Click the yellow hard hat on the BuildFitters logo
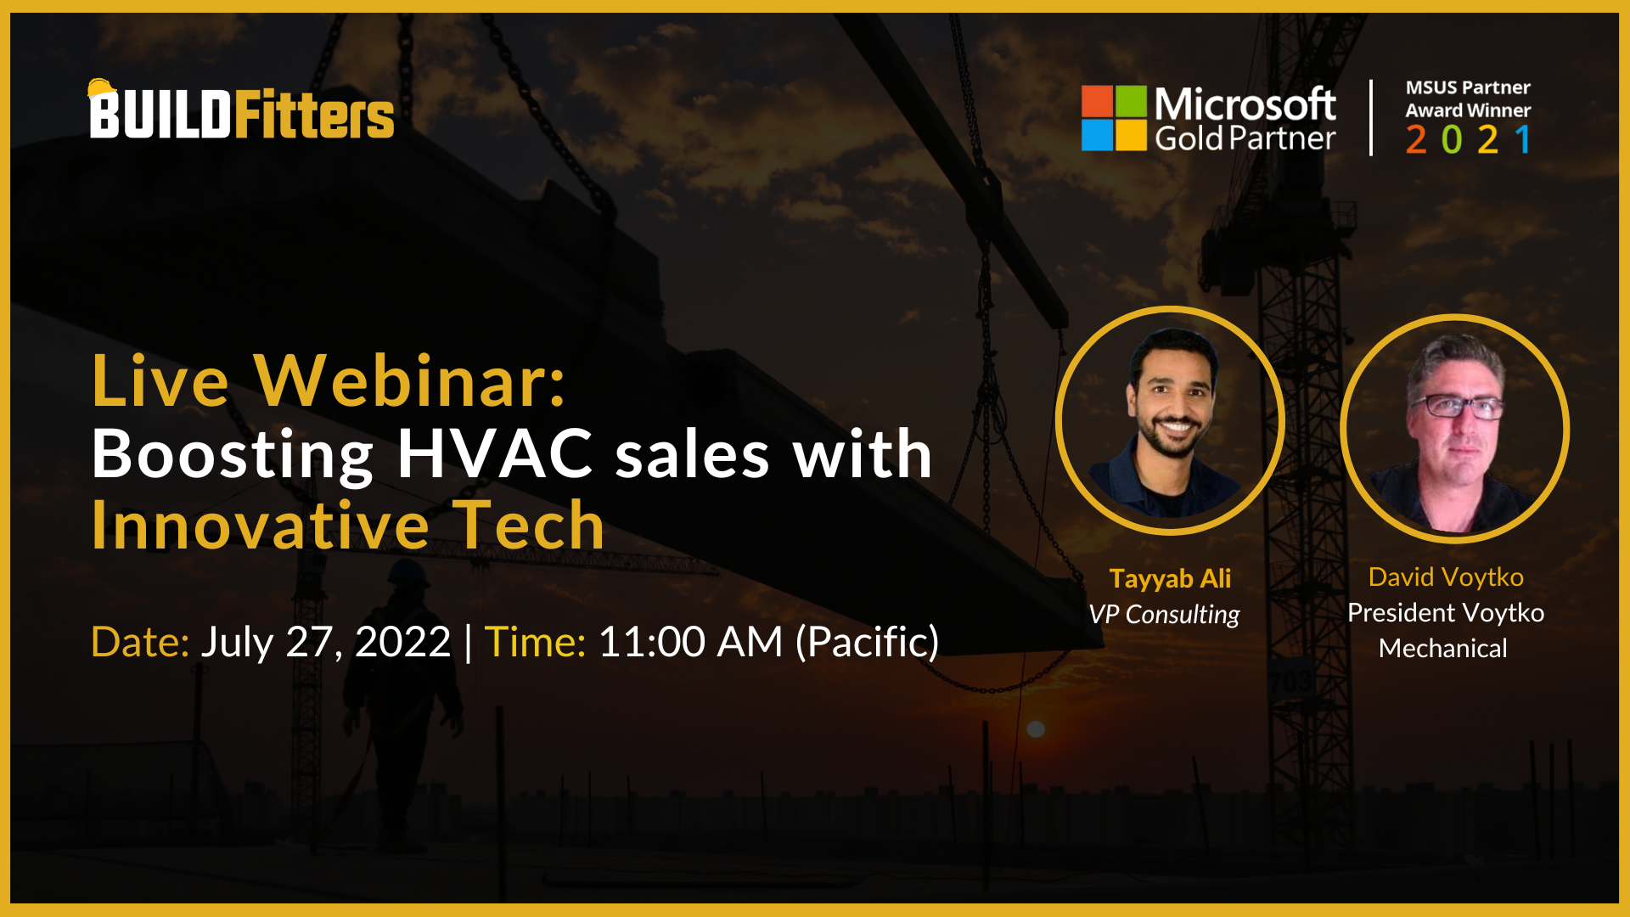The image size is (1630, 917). (x=101, y=87)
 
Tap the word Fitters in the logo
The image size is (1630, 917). (x=313, y=115)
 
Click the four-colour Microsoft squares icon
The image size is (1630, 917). (x=1114, y=118)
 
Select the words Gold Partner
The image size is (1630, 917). (x=1245, y=138)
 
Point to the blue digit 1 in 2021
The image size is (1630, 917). (x=1523, y=139)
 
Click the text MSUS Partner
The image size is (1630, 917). (x=1467, y=87)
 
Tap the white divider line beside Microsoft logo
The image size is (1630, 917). (x=1370, y=118)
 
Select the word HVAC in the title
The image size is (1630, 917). (x=495, y=453)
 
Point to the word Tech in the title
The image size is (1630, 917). (x=528, y=526)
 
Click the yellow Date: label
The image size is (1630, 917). (x=140, y=642)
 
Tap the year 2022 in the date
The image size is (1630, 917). (x=403, y=642)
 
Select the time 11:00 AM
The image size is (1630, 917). (x=690, y=642)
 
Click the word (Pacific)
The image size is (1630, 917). (x=867, y=642)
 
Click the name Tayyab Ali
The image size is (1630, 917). (x=1170, y=579)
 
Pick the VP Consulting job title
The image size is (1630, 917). (x=1164, y=614)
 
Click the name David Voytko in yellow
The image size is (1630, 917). (x=1446, y=577)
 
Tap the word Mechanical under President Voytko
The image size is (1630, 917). (x=1442, y=649)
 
